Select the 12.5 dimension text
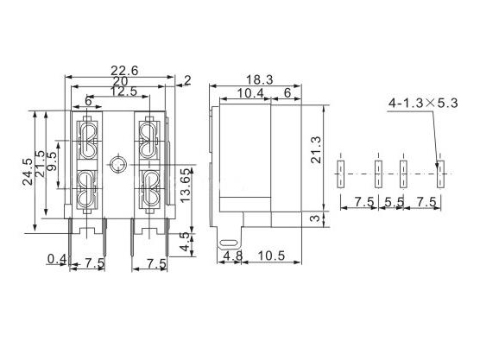tap(123, 92)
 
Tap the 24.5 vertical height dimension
tap(28, 167)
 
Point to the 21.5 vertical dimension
tap(41, 162)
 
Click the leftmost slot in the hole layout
tap(342, 171)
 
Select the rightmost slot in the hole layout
tap(440, 171)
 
